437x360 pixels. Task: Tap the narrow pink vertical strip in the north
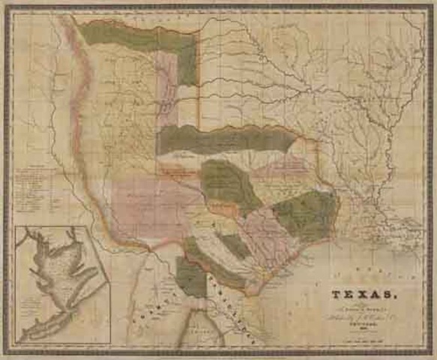171,82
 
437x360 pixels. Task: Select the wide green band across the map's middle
225,139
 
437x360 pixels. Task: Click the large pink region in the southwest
150,202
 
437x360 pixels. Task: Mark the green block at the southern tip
190,277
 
